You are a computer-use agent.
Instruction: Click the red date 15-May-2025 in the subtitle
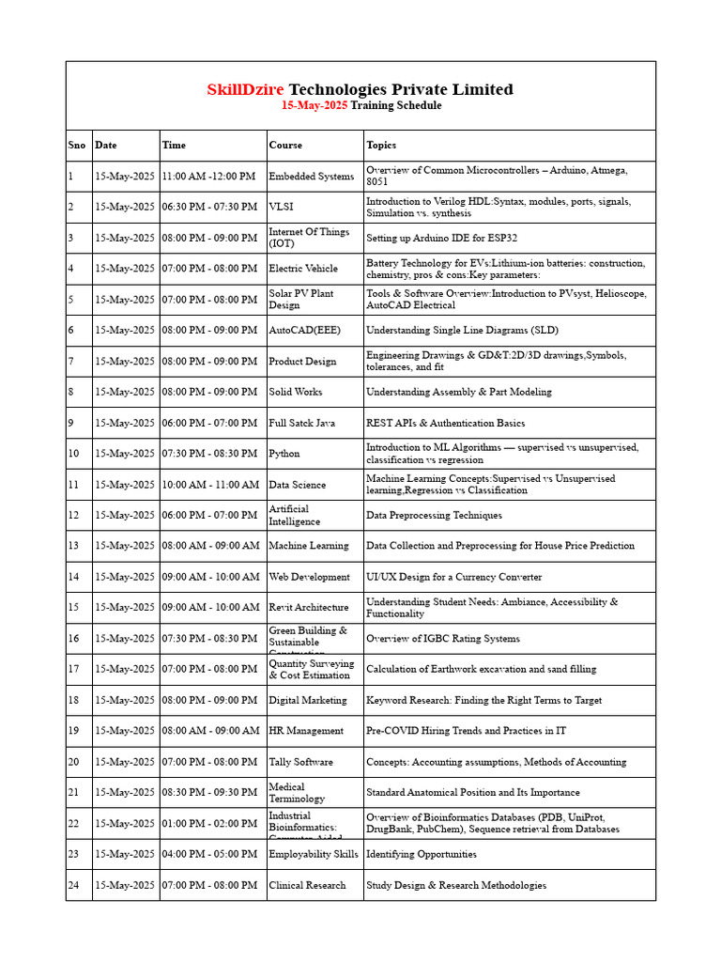point(314,106)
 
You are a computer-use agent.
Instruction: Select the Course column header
point(285,146)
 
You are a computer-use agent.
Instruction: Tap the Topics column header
point(381,146)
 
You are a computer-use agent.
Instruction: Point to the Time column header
point(174,146)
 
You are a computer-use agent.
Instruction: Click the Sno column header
point(76,146)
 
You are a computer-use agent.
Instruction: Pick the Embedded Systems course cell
point(311,177)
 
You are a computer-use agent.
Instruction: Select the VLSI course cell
point(282,207)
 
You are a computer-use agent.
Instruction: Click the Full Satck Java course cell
point(301,424)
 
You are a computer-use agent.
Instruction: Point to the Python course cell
point(284,454)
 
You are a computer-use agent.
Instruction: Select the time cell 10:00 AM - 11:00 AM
point(211,485)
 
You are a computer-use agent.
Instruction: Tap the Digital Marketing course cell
point(307,700)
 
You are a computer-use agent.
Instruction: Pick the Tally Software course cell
point(300,762)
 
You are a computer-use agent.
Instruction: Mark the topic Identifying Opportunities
point(421,854)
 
